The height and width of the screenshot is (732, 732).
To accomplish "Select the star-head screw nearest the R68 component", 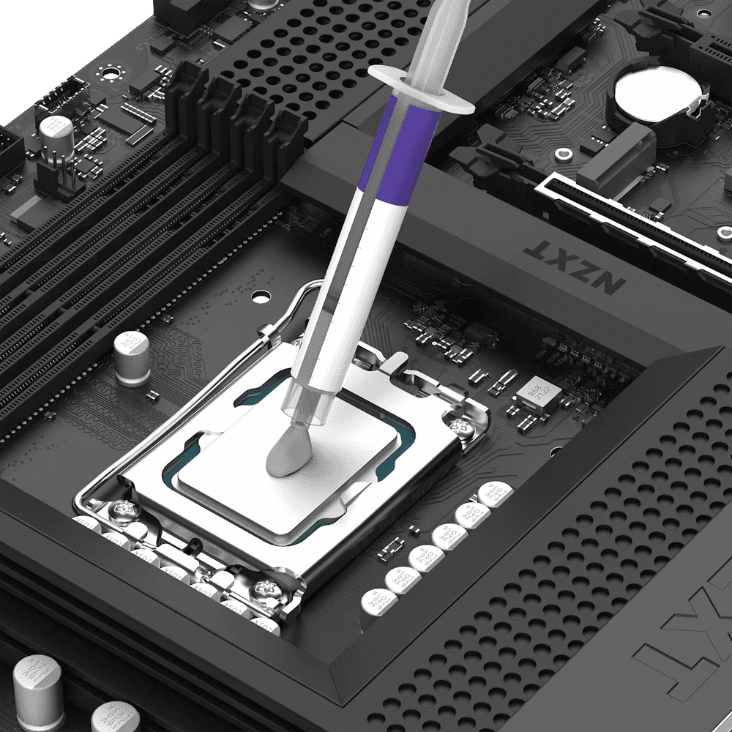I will click(460, 425).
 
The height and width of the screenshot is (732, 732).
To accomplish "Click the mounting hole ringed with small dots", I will click(111, 73).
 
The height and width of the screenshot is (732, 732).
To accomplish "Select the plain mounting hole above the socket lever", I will click(261, 297).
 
